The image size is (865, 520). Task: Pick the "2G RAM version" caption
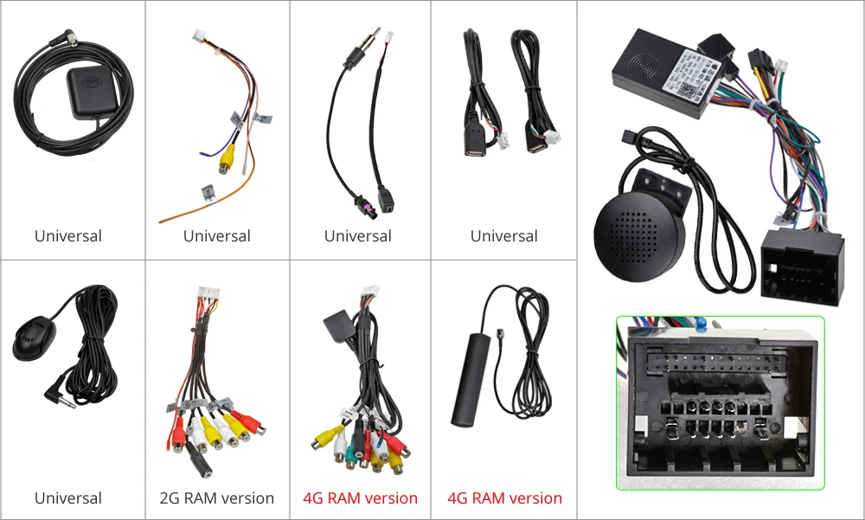tap(216, 498)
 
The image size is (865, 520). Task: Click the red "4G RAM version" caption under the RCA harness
tap(360, 498)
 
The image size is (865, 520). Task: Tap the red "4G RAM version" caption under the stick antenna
tap(504, 498)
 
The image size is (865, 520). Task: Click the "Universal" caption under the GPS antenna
tap(68, 236)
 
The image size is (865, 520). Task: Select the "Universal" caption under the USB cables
tap(504, 236)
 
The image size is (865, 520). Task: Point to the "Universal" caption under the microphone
tap(68, 498)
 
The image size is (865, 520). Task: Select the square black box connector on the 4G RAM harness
tap(337, 325)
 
